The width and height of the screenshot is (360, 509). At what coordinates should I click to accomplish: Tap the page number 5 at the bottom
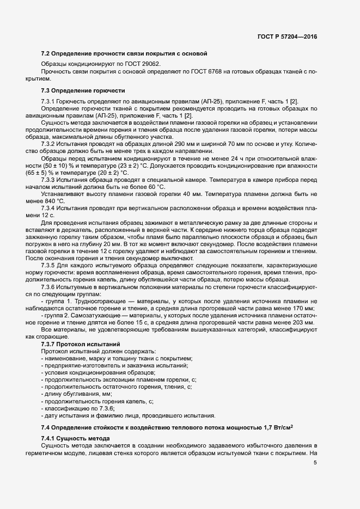coord(315,463)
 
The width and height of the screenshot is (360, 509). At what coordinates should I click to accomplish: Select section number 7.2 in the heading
coord(45,54)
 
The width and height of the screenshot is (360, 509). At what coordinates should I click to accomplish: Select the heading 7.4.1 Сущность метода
coord(75,439)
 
